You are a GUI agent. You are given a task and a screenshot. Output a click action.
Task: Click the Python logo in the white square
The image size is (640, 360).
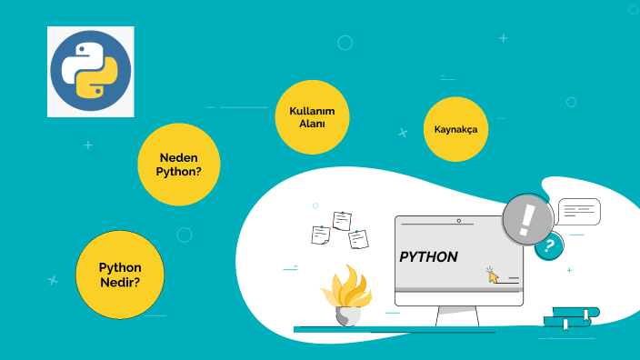pos(90,72)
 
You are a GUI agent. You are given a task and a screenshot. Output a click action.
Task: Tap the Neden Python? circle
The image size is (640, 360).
pos(179,165)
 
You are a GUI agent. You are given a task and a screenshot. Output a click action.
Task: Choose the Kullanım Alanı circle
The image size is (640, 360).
pos(312,117)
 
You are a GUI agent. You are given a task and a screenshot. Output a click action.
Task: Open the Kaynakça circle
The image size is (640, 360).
pos(455,129)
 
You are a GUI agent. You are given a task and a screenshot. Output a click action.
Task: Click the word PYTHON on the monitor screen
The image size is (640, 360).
pos(428,257)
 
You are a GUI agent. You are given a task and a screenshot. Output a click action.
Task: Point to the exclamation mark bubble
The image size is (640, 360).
pos(527,220)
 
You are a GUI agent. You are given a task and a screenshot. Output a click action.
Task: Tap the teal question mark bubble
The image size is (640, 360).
pos(548,245)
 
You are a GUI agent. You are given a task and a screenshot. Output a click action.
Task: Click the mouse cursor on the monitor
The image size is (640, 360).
pos(493,275)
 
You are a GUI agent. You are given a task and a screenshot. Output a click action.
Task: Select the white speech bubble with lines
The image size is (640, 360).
pos(579,212)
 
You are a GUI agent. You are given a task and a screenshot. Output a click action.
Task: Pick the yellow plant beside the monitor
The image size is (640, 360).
pos(345,287)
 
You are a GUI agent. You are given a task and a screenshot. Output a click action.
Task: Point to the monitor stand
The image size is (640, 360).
pos(457,315)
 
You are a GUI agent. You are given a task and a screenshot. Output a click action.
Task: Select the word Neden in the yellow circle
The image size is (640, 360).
pos(178,157)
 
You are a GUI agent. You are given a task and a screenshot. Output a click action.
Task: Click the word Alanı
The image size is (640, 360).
pos(312,124)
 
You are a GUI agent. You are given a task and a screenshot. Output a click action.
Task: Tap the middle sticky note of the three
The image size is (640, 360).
pos(342,220)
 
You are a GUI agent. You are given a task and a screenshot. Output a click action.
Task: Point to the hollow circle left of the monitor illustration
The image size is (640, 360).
pos(185,235)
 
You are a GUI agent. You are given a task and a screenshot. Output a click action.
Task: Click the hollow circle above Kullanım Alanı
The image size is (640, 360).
pos(345,43)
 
